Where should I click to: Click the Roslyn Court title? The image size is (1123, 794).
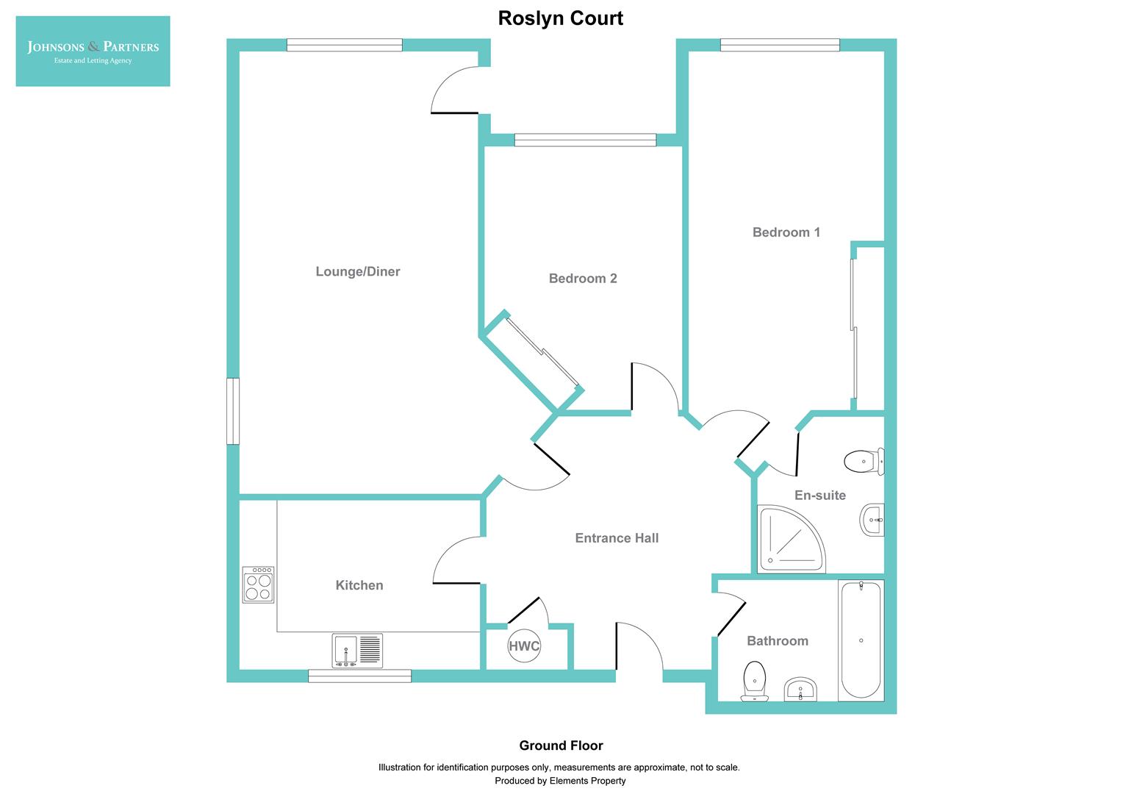[x=560, y=18]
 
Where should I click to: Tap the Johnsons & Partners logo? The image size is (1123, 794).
[x=93, y=51]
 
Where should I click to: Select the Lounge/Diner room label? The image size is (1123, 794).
[x=357, y=271]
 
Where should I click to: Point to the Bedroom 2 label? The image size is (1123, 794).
[x=582, y=278]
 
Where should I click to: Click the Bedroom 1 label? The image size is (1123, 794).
[x=786, y=232]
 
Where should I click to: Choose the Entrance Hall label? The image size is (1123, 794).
[x=617, y=538]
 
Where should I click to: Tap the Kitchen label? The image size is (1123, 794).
[x=359, y=585]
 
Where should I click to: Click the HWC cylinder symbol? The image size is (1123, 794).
[x=524, y=646]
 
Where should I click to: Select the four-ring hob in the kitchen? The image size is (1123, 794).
[x=258, y=585]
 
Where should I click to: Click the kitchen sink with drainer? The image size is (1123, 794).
[x=357, y=651]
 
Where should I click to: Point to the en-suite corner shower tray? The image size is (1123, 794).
[x=789, y=540]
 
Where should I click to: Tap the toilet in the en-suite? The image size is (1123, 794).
[x=864, y=462]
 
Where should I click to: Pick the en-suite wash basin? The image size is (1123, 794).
[x=872, y=521]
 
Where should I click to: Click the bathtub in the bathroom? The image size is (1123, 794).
[x=861, y=640]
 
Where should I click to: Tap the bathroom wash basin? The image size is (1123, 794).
[x=800, y=690]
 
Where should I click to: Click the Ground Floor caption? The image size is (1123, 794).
[x=561, y=745]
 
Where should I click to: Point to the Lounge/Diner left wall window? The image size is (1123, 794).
[x=233, y=411]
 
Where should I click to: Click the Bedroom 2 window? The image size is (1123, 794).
[x=585, y=140]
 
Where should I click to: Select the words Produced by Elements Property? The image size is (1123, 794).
[x=560, y=781]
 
